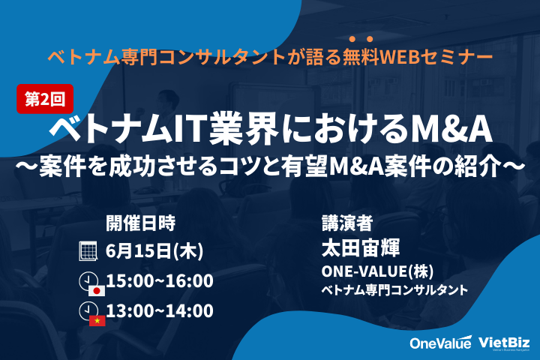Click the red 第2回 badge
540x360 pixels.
(x=45, y=99)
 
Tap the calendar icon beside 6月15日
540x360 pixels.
(x=88, y=250)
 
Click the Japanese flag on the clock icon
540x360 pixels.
(x=97, y=291)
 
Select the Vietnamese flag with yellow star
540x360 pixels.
(x=97, y=321)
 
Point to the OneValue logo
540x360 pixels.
(x=440, y=342)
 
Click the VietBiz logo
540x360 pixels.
(x=504, y=343)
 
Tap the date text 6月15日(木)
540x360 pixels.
(x=154, y=250)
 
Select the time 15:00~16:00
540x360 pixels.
(x=160, y=280)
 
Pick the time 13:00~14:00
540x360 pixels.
(x=160, y=310)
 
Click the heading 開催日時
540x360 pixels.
(x=140, y=223)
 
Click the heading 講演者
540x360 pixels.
(x=347, y=223)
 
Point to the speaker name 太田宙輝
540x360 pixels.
(x=361, y=248)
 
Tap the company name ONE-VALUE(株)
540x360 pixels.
(x=377, y=271)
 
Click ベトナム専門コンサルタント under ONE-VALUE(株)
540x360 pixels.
(x=394, y=289)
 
